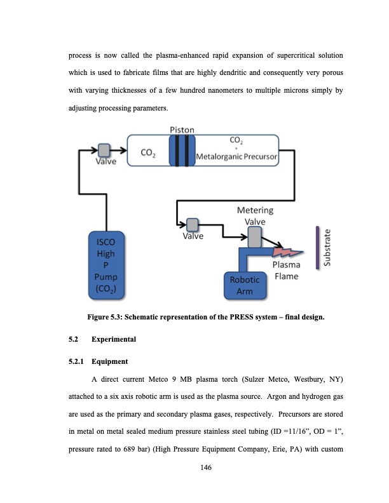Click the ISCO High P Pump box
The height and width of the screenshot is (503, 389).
point(106,265)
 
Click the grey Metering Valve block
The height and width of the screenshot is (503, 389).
point(254,236)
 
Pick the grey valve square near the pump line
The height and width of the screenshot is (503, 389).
point(103,150)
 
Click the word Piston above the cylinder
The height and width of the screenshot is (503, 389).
point(182,130)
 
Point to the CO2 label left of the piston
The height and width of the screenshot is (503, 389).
point(150,153)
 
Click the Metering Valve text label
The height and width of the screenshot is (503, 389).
point(255,215)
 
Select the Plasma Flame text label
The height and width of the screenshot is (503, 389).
point(286,270)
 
